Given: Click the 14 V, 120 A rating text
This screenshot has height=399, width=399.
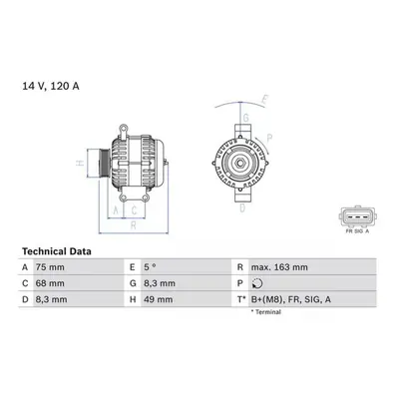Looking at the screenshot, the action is coord(51,86).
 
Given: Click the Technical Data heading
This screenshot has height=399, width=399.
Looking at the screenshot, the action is coord(57,251).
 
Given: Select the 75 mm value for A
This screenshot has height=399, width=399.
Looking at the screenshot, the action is coord(50,267).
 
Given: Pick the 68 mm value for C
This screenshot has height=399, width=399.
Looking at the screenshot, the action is coord(50,283).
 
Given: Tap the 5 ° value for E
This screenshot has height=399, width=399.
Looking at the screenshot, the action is coord(150,267).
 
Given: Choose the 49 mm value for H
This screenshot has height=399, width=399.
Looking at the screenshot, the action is coord(159,299).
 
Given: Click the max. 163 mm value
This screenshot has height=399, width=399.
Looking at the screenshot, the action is coord(279,267).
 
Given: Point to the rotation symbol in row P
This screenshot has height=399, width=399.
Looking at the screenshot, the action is coord(257,283).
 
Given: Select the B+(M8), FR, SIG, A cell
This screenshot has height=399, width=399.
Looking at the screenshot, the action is coord(291,299).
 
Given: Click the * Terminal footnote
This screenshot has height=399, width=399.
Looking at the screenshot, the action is coord(266,312).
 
